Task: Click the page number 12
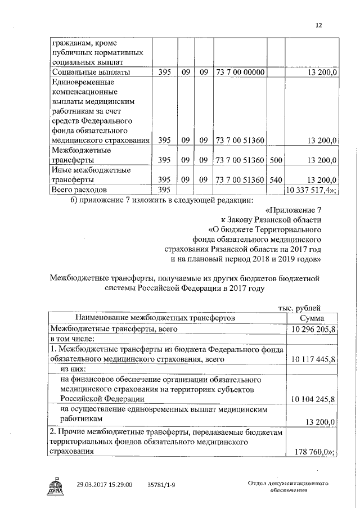(x=318, y=25)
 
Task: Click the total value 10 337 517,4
(x=311, y=191)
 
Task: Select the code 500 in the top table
(x=276, y=160)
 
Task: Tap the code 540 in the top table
(x=276, y=180)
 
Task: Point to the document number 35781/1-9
(x=161, y=484)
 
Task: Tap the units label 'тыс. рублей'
(x=300, y=307)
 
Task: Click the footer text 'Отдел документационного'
(x=287, y=483)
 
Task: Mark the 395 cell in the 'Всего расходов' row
(x=164, y=191)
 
